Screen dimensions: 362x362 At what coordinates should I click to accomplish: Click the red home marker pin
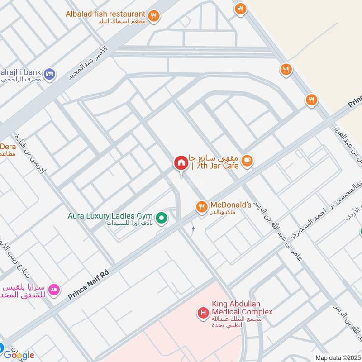181,163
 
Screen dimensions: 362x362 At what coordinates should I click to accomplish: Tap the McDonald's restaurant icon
201,207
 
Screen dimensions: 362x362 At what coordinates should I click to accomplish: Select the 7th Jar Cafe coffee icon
247,161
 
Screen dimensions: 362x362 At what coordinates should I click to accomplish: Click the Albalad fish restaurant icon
155,15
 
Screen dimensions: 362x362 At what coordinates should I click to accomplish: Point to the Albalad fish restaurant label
105,14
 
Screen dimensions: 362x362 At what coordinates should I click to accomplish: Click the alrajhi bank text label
22,72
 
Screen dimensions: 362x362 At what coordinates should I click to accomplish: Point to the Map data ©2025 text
337,358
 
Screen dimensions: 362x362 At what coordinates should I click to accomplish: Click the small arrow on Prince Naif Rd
193,229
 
